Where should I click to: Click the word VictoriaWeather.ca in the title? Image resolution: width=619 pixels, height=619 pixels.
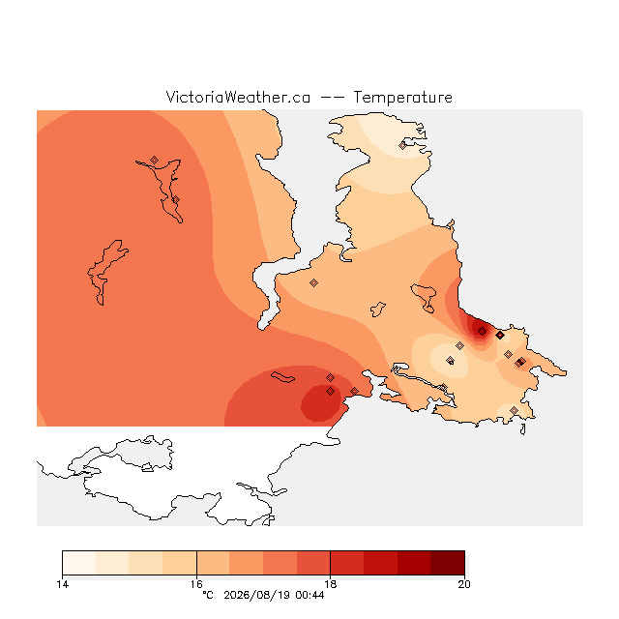pos(238,97)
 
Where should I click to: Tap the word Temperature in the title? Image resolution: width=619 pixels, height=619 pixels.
pos(402,97)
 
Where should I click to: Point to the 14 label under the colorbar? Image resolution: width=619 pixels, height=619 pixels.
pos(62,584)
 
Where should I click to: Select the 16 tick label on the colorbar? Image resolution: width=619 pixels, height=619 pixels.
pos(196,584)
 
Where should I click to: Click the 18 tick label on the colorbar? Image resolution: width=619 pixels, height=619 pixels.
pos(331,584)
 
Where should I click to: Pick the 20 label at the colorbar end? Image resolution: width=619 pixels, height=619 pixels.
pos(464,584)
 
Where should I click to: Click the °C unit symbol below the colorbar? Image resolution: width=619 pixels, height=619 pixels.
pos(208,595)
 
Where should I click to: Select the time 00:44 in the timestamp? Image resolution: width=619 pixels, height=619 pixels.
pos(309,595)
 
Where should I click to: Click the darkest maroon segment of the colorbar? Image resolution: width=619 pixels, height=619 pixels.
pos(448,563)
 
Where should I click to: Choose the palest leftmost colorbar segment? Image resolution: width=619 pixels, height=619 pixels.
pos(79,563)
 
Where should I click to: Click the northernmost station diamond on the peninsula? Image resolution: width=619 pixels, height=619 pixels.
pos(402,146)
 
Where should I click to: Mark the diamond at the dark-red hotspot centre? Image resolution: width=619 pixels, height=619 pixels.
pos(482,331)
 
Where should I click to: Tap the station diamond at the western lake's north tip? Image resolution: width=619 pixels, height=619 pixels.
pos(154,160)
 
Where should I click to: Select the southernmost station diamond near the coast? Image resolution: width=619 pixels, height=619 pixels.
pos(514,410)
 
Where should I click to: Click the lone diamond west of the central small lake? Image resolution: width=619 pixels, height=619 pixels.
pos(313,282)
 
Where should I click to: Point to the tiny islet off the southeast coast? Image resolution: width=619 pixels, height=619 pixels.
pos(523,429)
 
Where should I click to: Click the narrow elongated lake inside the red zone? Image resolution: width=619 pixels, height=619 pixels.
pos(282,377)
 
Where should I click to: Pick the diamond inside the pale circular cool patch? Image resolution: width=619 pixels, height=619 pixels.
pos(450,360)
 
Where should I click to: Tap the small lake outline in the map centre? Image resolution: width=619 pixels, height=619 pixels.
pos(378,309)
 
